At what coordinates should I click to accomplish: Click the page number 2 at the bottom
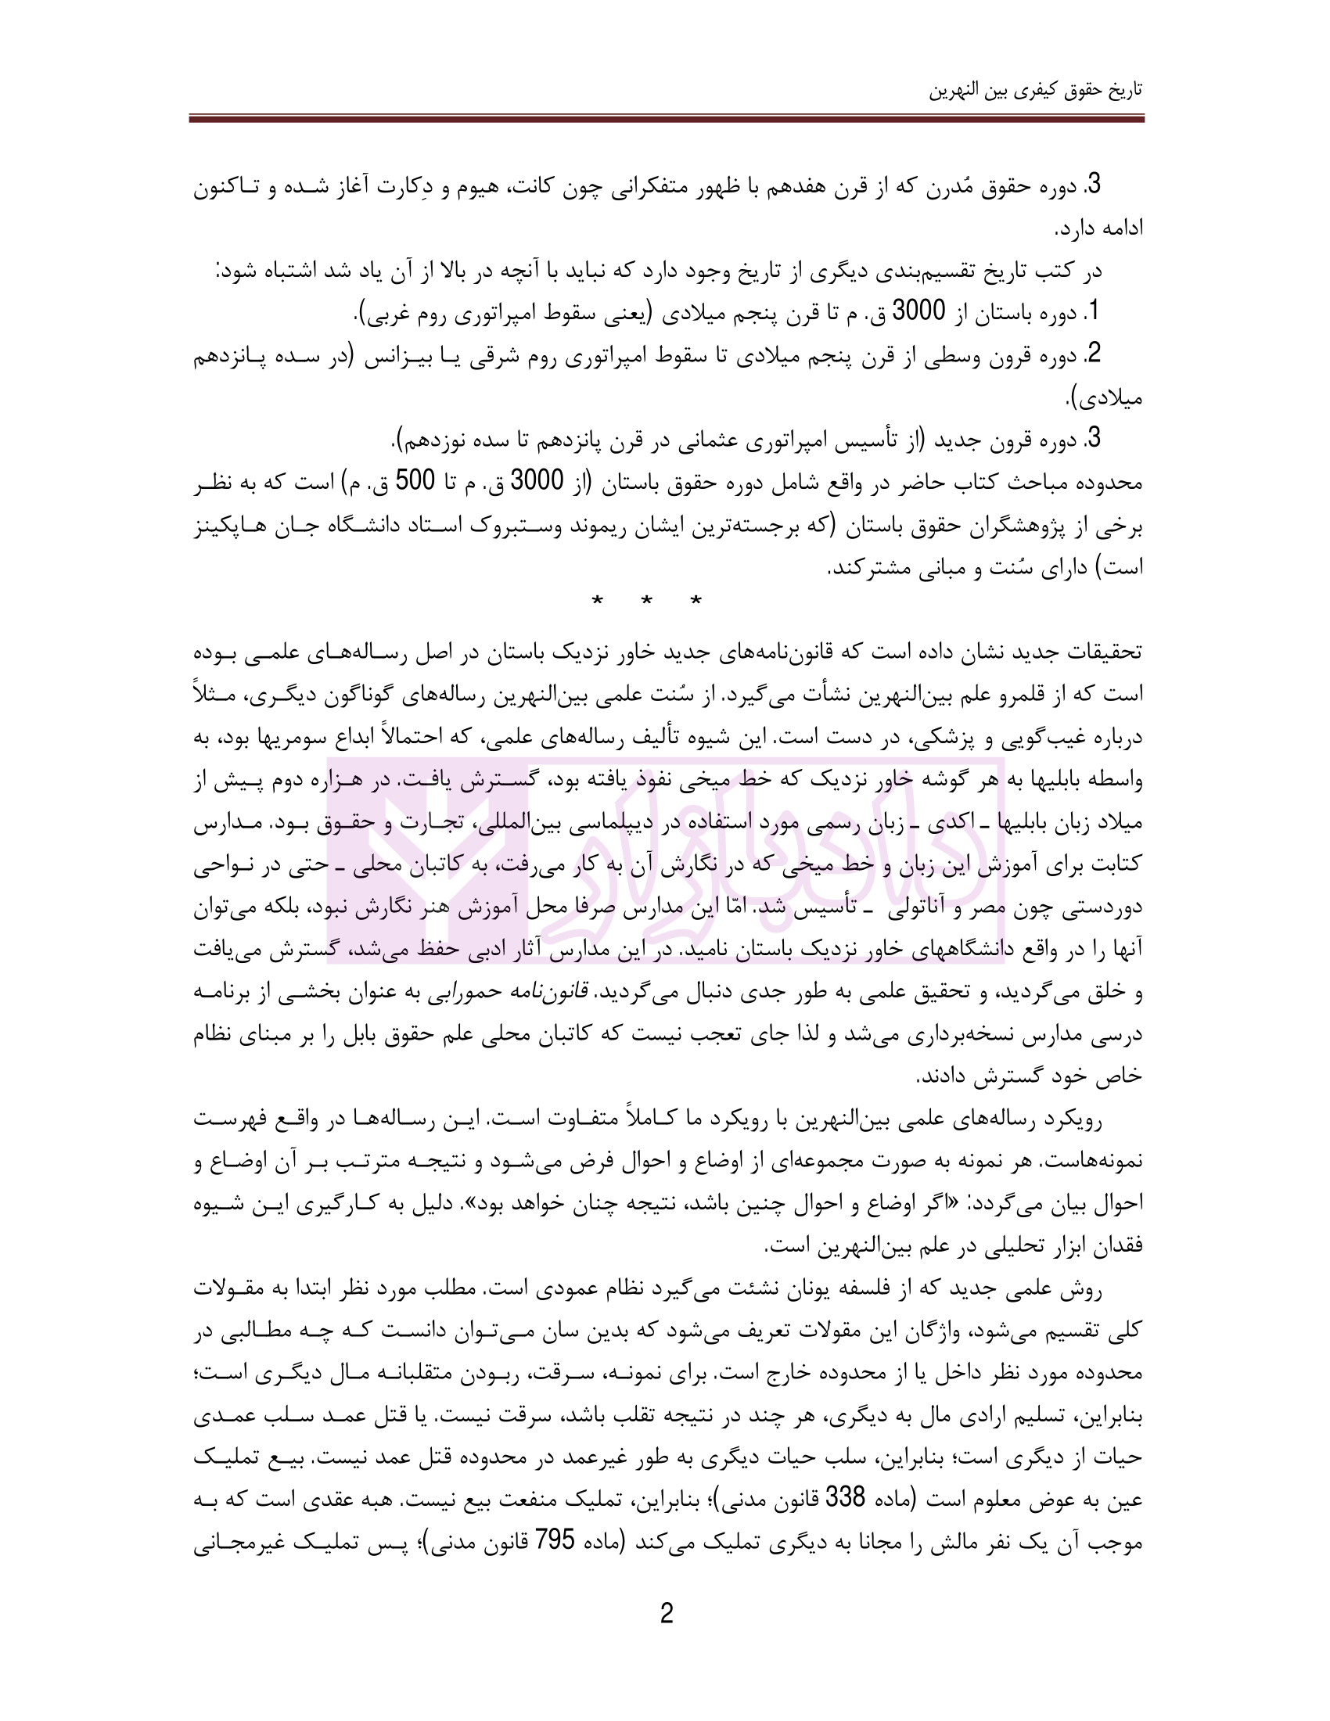(666, 1614)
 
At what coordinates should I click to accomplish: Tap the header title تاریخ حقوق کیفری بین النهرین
(1035, 90)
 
